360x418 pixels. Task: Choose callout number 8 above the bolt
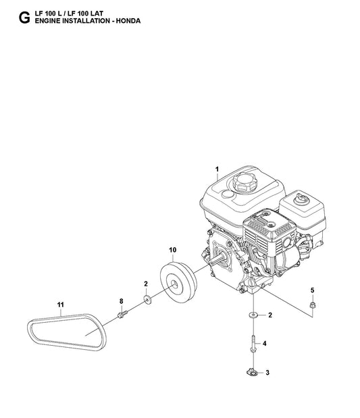tap(122, 301)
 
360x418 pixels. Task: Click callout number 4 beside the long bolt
tap(264, 344)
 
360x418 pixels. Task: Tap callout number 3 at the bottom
tap(267, 372)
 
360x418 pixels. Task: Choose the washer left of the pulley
tap(147, 298)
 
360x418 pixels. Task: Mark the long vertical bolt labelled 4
tap(252, 342)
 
